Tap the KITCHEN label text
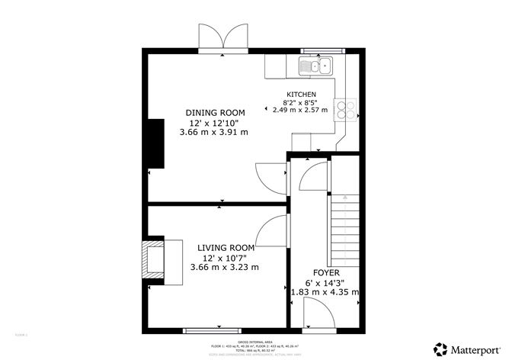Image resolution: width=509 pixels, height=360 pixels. [x=300, y=94]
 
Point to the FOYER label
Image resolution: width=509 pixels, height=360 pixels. [x=325, y=272]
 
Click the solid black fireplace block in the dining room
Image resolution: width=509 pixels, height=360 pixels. [x=156, y=143]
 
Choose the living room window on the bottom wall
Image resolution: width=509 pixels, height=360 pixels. [x=206, y=331]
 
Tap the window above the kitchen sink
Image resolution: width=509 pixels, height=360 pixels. [x=323, y=50]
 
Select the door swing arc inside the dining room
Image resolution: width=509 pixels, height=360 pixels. [x=268, y=179]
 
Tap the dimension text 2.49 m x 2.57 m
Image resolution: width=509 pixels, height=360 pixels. [x=300, y=110]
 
